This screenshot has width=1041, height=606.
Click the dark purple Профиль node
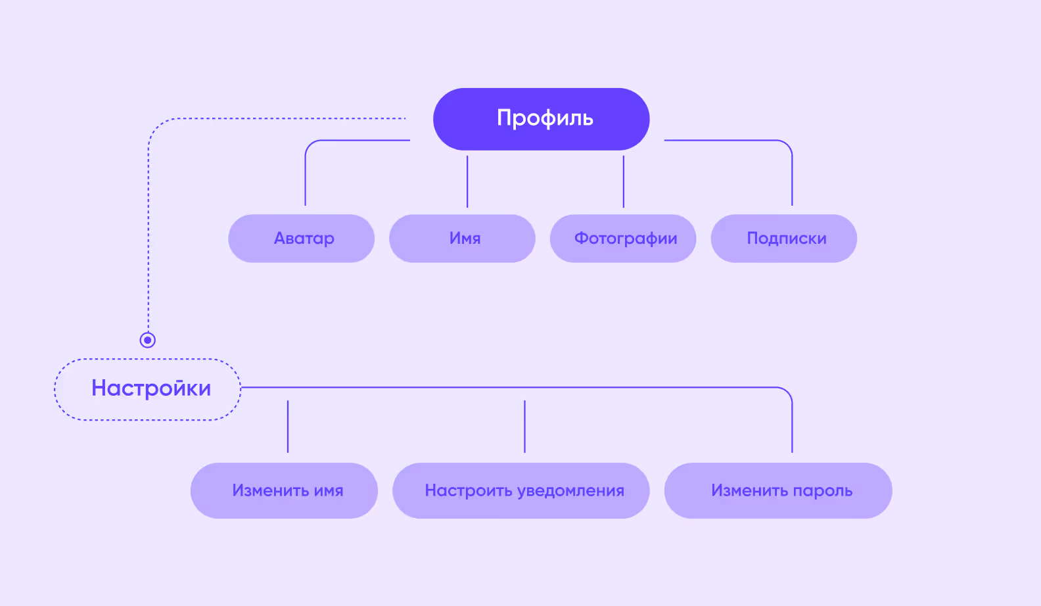pyautogui.click(x=541, y=119)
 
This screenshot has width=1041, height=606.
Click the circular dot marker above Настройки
pyautogui.click(x=148, y=340)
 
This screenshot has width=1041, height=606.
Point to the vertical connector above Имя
pyautogui.click(x=467, y=181)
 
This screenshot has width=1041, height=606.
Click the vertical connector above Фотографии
pyautogui.click(x=624, y=181)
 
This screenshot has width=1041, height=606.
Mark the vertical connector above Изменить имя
pyautogui.click(x=288, y=426)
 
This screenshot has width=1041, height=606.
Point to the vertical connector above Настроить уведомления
pyautogui.click(x=524, y=426)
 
